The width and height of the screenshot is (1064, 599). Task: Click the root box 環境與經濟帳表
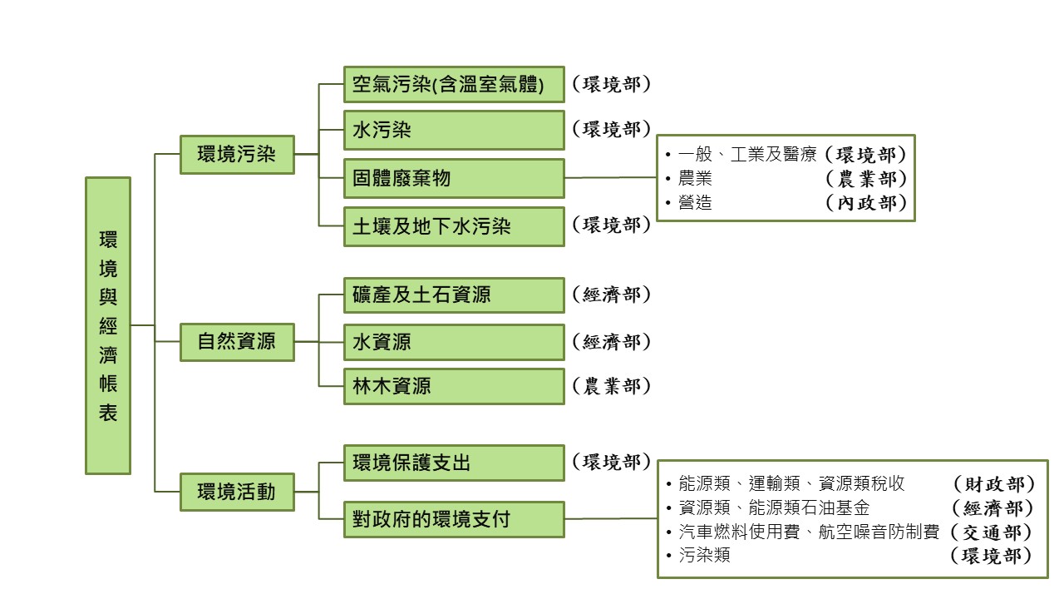tap(108, 325)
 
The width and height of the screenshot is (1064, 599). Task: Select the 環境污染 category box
tap(237, 154)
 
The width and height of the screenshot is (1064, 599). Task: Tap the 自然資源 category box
tap(237, 341)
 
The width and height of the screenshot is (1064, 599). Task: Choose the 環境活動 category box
tap(237, 492)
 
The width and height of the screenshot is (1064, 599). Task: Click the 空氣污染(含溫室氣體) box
tap(454, 85)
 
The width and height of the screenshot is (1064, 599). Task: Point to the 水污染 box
tap(454, 130)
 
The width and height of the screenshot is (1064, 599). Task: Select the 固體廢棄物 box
tap(454, 178)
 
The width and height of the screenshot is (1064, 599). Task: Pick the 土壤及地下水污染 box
tap(454, 226)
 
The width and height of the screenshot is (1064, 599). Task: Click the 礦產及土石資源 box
tap(454, 295)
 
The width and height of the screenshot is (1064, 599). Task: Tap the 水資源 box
tap(454, 341)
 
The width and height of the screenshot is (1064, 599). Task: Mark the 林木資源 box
tap(454, 386)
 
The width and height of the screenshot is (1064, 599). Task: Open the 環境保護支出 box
tap(454, 463)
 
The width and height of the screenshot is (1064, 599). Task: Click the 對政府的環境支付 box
tap(454, 520)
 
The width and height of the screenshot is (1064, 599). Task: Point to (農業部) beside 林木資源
tap(611, 386)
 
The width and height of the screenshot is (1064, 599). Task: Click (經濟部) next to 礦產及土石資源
tap(611, 295)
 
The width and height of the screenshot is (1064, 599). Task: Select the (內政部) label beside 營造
tap(864, 202)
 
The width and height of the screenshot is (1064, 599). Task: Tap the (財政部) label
tap(993, 484)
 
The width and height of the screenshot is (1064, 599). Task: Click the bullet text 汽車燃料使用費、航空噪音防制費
tap(808, 532)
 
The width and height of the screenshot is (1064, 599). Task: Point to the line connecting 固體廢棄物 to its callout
tap(611, 177)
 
